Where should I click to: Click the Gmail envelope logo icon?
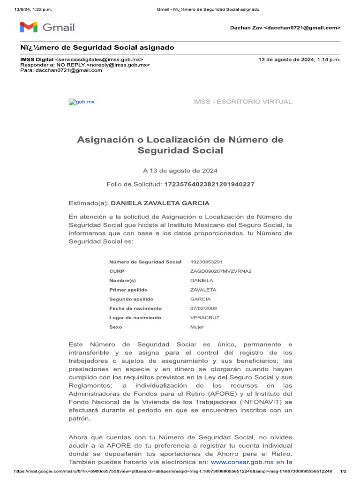(29, 27)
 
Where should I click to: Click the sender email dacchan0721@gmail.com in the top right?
(302, 28)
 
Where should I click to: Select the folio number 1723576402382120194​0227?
(209, 184)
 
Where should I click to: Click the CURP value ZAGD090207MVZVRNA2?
(221, 271)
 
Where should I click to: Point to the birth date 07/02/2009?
(203, 308)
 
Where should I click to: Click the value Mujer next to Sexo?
(197, 327)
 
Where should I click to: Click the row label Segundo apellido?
(131, 299)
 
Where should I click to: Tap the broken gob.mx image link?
(82, 102)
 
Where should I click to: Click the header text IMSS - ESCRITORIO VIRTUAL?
(242, 102)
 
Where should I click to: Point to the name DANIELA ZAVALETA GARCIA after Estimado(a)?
(160, 203)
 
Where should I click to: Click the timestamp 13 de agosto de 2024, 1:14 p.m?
(300, 60)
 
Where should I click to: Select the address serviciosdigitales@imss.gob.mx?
(99, 60)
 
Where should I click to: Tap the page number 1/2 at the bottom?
(343, 471)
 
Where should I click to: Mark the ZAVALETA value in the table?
(203, 290)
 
